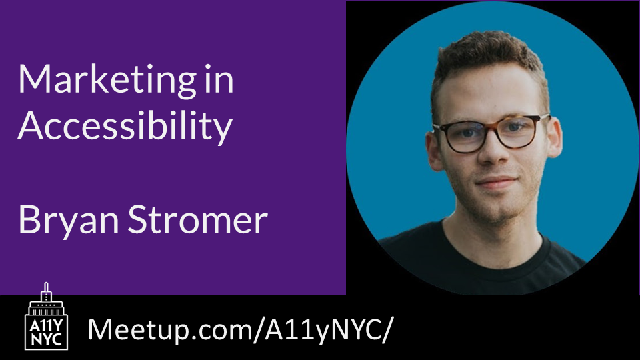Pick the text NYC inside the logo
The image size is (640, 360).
[x=46, y=338]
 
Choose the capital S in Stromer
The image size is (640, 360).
[x=149, y=219]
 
